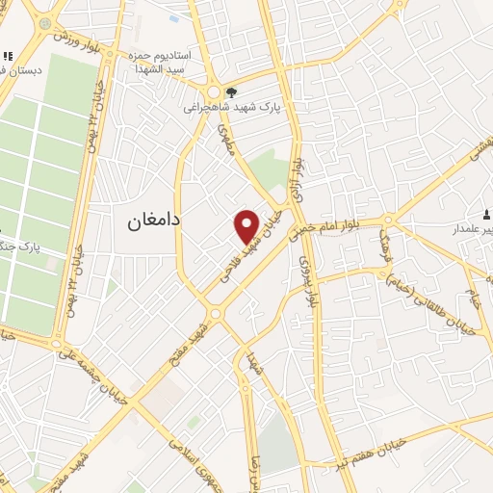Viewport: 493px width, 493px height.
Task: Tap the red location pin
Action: [x=248, y=226]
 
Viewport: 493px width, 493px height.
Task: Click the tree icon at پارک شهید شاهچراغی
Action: [x=232, y=93]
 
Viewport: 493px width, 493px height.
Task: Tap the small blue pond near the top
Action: [x=173, y=16]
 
